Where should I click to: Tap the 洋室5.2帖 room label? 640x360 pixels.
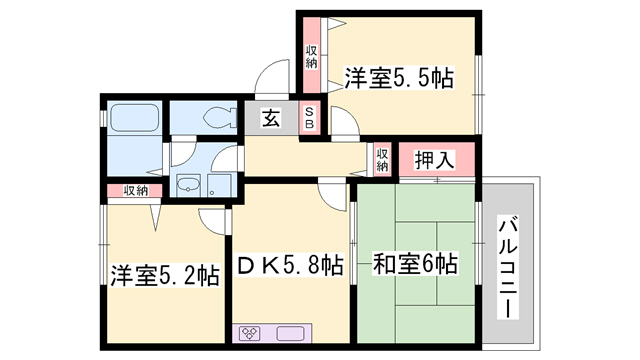164,275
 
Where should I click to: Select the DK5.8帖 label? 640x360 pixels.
290,266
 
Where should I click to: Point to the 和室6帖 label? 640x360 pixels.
415,265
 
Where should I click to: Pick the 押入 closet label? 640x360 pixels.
435,158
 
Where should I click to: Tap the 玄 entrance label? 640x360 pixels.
271,119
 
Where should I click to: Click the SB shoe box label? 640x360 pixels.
310,118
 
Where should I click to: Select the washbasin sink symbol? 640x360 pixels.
188,185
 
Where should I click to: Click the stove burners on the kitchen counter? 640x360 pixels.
250,334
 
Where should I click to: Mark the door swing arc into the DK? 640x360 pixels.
329,196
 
